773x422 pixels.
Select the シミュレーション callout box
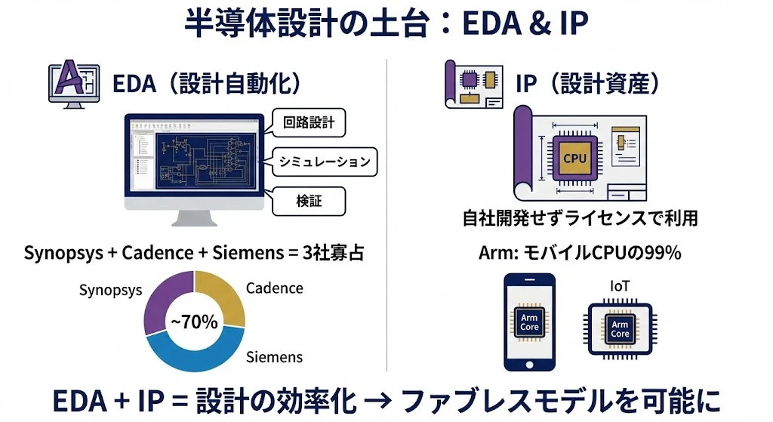[x=324, y=162]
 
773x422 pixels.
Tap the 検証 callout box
[x=308, y=201]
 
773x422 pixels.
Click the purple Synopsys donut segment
[x=161, y=302]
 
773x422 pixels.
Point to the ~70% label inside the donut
[x=194, y=322]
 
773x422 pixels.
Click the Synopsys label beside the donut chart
[x=110, y=290]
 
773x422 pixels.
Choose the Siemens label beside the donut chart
[x=274, y=357]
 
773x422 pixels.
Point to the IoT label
[x=619, y=285]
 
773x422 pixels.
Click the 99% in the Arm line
[x=664, y=253]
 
